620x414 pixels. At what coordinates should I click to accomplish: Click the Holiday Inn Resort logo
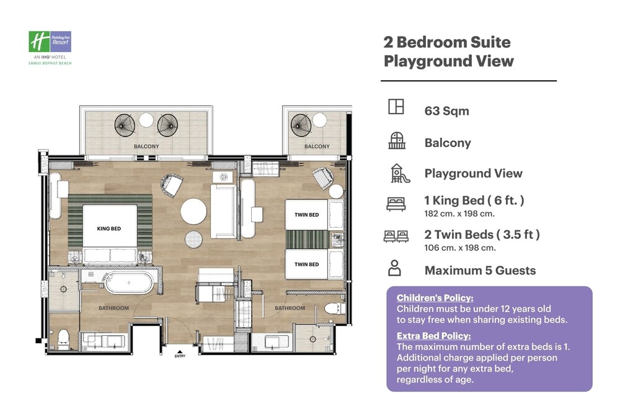pos(50,48)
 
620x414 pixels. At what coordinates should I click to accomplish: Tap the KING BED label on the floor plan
pos(108,228)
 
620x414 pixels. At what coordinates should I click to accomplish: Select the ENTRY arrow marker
pos(180,351)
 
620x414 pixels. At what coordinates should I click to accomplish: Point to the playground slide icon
pos(400,173)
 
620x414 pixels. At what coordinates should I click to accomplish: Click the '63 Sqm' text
pos(446,111)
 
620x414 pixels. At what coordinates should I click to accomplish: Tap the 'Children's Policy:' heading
pos(435,298)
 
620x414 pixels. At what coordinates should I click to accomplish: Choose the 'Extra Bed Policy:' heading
pos(434,336)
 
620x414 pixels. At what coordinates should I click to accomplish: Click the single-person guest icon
pos(394,268)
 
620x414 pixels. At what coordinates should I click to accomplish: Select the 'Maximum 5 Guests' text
pos(480,271)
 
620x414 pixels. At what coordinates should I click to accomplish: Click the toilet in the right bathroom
pos(335,308)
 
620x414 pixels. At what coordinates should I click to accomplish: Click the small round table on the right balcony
pos(319,120)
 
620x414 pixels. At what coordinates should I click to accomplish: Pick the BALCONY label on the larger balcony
pos(146,146)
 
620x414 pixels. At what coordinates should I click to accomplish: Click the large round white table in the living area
pos(193,212)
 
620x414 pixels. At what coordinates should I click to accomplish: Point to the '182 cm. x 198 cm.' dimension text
pos(459,214)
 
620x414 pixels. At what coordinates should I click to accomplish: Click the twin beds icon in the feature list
pos(396,236)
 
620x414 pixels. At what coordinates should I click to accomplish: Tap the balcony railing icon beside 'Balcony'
pos(397,140)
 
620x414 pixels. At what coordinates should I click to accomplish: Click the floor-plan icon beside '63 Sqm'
pos(396,107)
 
